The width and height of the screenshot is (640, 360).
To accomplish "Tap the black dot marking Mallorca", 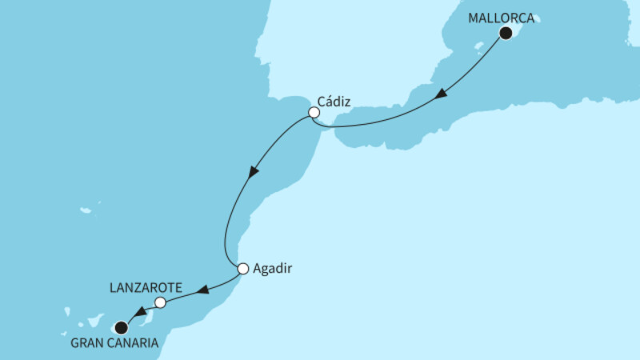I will tap(506, 33).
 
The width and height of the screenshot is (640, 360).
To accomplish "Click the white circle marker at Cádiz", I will tap(314, 114).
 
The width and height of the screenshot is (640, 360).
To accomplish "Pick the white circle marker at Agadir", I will tap(242, 269).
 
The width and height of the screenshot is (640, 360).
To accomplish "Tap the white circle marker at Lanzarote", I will tap(160, 302).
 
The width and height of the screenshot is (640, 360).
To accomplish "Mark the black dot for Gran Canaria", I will tap(121, 326).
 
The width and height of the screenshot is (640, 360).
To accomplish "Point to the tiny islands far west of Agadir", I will tap(86, 210).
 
